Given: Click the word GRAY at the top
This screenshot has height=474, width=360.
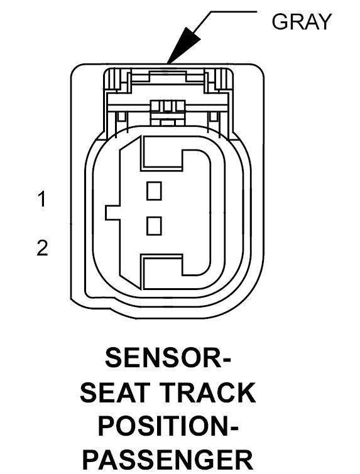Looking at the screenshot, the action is pos(302,22).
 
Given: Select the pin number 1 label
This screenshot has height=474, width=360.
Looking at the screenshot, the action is pos(42,199).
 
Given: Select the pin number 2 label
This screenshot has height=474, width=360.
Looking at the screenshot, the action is pos(42,248).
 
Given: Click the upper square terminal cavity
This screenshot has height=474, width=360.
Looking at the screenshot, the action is pos(154,191).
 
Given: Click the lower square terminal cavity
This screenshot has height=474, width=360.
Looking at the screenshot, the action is pos(154,226).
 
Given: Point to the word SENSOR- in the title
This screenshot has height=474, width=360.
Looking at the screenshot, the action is pos(168,357).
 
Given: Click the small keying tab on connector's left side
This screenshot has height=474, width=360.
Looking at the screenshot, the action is pos(113,213).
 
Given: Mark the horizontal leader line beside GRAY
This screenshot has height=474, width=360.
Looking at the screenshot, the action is pos(234,12).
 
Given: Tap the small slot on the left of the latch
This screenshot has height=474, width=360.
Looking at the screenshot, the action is pos(121,116).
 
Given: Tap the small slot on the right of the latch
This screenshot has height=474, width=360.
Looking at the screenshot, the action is pos(213,116).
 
